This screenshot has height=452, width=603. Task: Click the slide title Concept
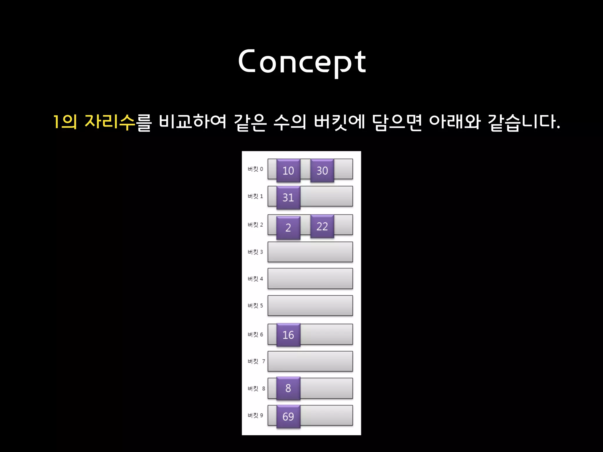pos(302,62)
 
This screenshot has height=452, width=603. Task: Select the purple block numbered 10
pos(288,170)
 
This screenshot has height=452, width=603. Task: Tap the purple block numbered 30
pos(322,170)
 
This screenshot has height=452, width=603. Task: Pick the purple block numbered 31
pos(288,197)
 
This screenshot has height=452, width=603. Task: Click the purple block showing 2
pos(288,227)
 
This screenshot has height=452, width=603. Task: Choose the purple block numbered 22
pos(322,226)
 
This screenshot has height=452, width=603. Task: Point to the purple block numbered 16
pos(288,335)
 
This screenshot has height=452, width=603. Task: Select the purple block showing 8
pos(288,388)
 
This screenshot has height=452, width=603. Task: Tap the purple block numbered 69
pos(288,416)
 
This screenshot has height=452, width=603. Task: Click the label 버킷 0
pos(255,169)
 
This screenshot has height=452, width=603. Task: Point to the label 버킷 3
pos(255,252)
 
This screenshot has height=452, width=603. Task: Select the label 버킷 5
pos(255,306)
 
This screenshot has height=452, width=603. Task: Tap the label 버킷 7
pos(256,361)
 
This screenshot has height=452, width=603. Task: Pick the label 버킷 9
pos(255,416)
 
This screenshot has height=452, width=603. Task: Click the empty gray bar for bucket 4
pos(310,278)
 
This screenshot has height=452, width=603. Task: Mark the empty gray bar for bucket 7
pos(310,361)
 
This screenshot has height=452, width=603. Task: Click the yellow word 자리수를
pos(118,122)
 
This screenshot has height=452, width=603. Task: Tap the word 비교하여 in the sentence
pos(193,122)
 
